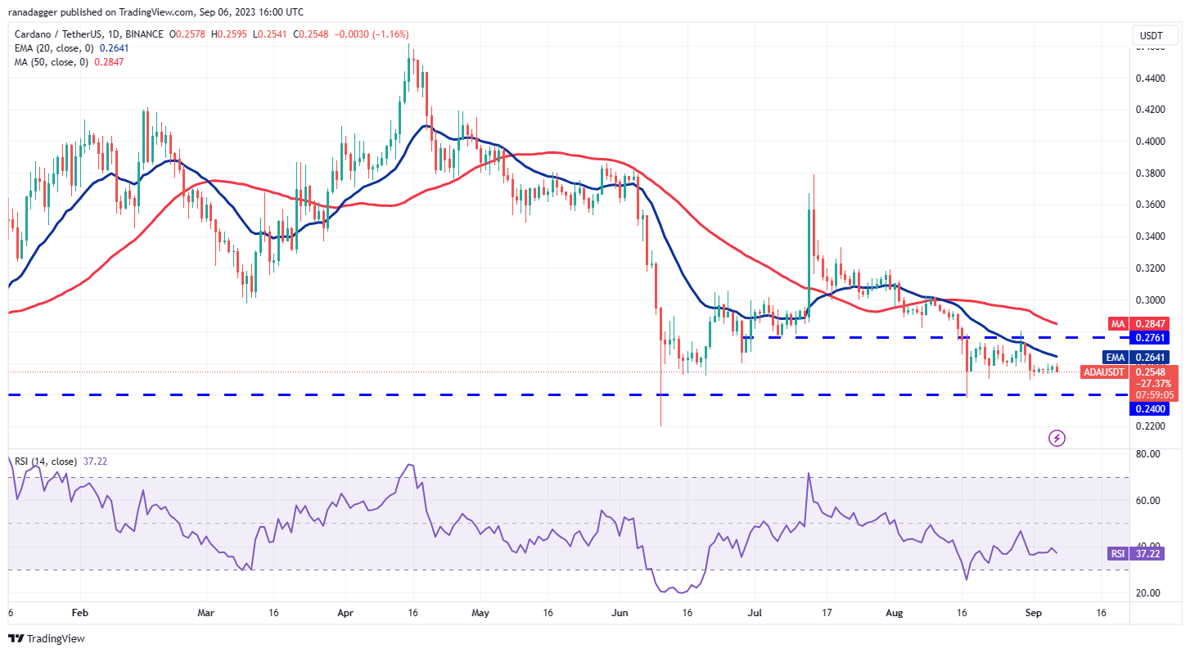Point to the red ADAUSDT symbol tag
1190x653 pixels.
1104,372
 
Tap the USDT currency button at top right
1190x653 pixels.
1152,36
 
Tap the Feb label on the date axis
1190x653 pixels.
79,612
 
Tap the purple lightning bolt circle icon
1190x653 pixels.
1057,439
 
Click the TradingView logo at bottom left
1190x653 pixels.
47,638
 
